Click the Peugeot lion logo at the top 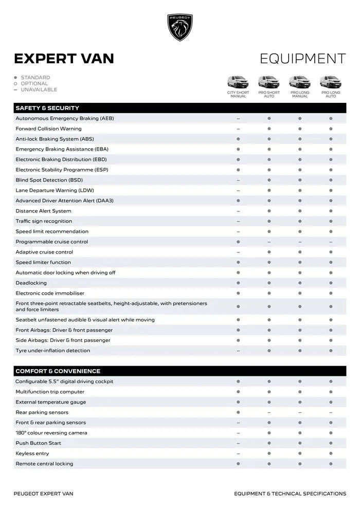click(x=180, y=27)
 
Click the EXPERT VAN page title click(x=64, y=59)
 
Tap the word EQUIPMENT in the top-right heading click(x=302, y=59)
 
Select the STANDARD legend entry click(x=35, y=78)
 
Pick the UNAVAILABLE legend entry click(x=39, y=89)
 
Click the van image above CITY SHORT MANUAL click(x=238, y=82)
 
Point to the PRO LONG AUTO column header click(x=331, y=94)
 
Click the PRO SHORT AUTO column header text click(x=269, y=94)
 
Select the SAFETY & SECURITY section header click(x=47, y=108)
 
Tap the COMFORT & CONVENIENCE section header click(x=58, y=371)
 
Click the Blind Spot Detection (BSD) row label click(x=49, y=180)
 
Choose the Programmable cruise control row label click(x=51, y=242)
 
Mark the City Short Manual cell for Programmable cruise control click(x=238, y=242)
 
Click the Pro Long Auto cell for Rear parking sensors click(x=331, y=412)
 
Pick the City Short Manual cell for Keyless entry click(x=238, y=453)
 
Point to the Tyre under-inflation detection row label click(x=52, y=351)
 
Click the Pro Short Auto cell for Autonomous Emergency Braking click(x=269, y=118)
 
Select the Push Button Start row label click(x=38, y=443)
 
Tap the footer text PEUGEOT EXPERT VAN click(x=43, y=494)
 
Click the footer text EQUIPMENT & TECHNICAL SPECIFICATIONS click(x=290, y=494)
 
